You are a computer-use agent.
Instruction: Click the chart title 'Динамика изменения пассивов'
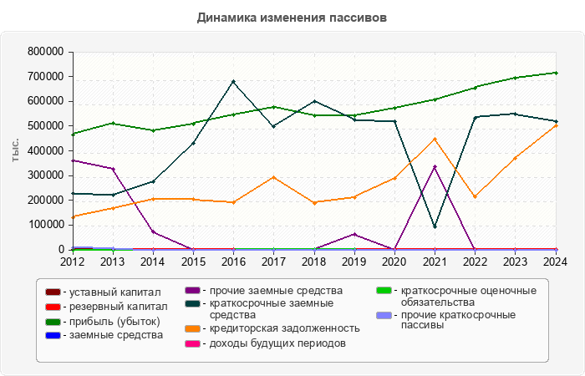pyautogui.click(x=292, y=18)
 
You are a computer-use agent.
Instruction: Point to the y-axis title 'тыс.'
pyautogui.click(x=15, y=150)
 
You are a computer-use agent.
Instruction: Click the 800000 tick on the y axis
pyautogui.click(x=46, y=52)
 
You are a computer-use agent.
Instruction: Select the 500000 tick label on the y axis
pyautogui.click(x=46, y=126)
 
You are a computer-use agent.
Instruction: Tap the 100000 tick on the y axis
pyautogui.click(x=46, y=225)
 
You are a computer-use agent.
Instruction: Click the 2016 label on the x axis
pyautogui.click(x=233, y=262)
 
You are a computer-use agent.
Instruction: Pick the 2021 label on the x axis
pyautogui.click(x=434, y=262)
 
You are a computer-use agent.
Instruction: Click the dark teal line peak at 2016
pyautogui.click(x=233, y=82)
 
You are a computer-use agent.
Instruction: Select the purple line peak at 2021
pyautogui.click(x=435, y=167)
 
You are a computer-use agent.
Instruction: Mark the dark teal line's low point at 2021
pyautogui.click(x=435, y=226)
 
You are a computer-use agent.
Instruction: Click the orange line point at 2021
pyautogui.click(x=435, y=139)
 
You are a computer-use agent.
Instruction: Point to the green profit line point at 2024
pyautogui.click(x=555, y=73)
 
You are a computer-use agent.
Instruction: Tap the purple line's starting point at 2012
pyautogui.click(x=73, y=160)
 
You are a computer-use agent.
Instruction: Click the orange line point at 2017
pyautogui.click(x=273, y=177)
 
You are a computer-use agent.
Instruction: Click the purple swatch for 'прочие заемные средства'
pyautogui.click(x=192, y=291)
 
